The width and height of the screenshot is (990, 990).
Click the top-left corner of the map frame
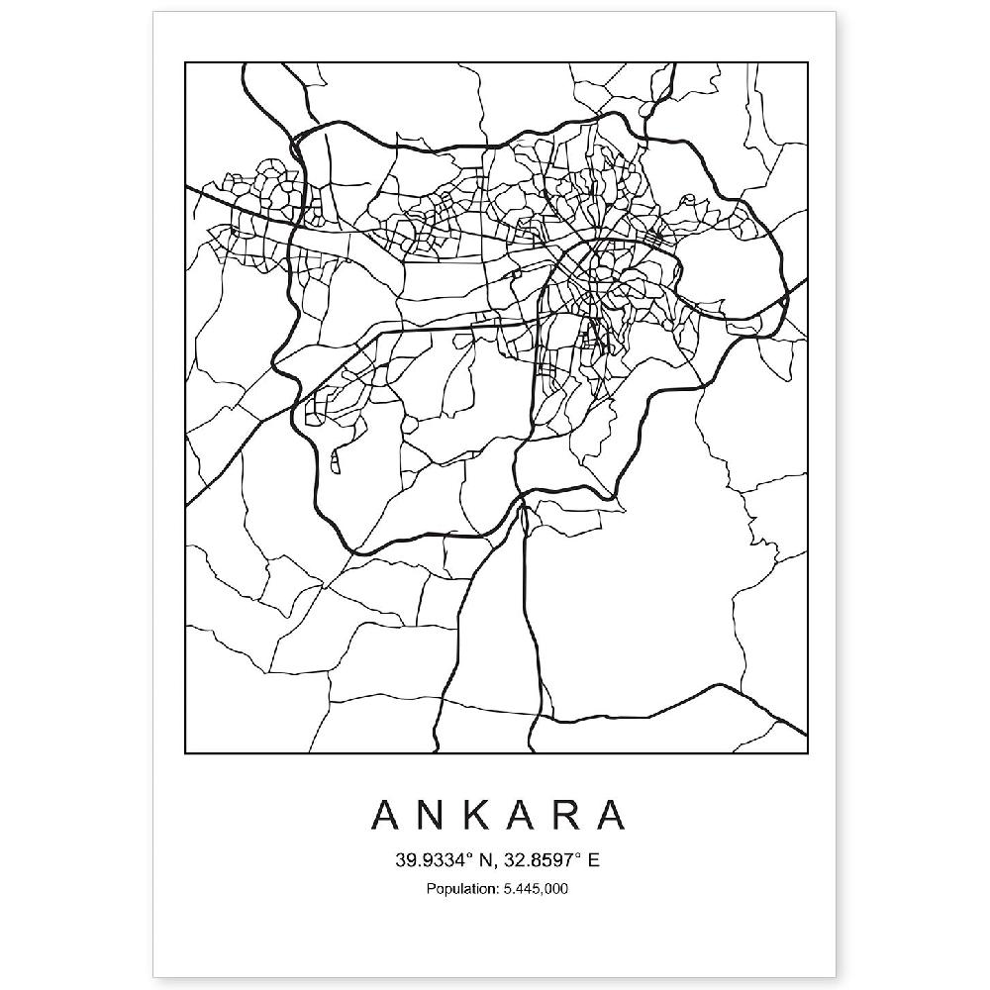click(186, 63)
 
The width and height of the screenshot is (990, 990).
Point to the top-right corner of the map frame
click(807, 63)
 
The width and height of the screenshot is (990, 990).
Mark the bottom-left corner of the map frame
click(186, 753)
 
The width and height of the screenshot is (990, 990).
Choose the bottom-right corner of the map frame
click(807, 753)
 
